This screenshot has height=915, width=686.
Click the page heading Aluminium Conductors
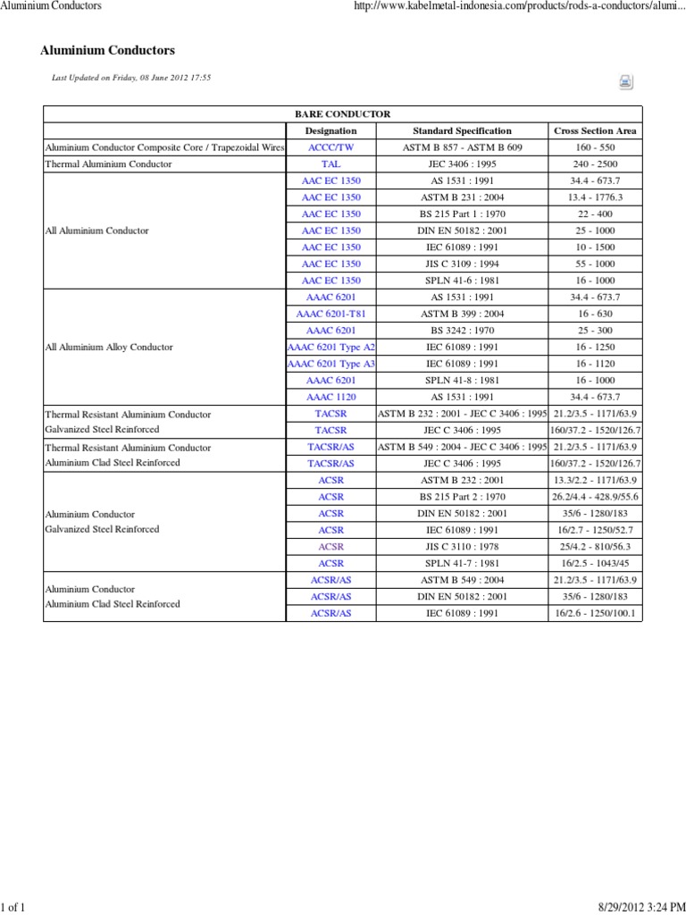pos(108,51)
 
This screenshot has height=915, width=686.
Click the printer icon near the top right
pos(625,82)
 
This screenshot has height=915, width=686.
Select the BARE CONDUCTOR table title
pos(342,114)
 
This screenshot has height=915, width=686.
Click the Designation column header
pos(330,130)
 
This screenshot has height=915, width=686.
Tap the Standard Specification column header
pos(462,130)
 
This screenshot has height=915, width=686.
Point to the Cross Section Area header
pos(596,130)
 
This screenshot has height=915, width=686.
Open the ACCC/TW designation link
pos(330,147)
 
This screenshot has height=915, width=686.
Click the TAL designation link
pos(330,164)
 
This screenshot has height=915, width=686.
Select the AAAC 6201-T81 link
pos(330,314)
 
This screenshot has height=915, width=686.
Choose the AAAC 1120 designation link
pos(330,397)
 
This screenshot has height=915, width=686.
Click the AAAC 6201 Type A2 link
pos(330,347)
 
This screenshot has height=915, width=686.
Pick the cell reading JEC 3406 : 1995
pos(462,164)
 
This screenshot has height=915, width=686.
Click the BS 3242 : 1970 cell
pos(462,331)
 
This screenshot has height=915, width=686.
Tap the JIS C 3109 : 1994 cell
pos(462,264)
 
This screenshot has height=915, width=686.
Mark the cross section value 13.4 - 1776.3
pos(596,197)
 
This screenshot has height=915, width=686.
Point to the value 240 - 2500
pos(596,164)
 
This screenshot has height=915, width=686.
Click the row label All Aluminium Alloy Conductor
pos(109,347)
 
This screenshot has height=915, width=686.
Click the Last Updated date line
pos(131,78)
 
